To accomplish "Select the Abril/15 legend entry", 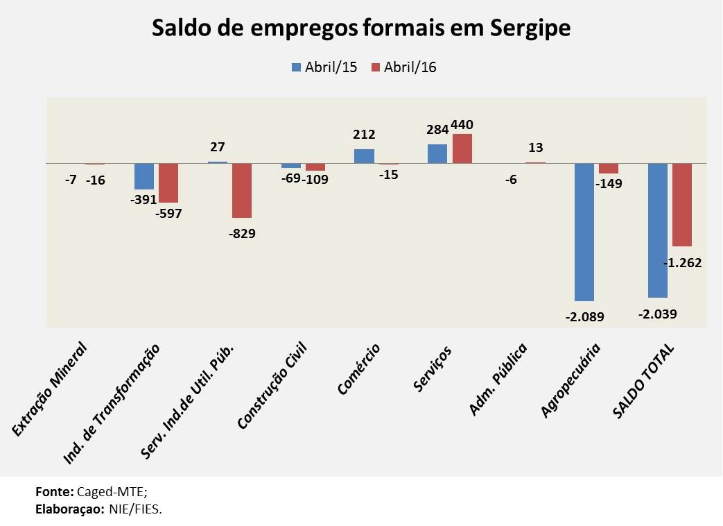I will pyautogui.click(x=324, y=67).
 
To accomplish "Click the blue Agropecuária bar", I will pyautogui.click(x=584, y=232).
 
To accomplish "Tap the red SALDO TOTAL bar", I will pyautogui.click(x=682, y=205).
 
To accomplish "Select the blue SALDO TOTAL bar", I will pyautogui.click(x=657, y=230).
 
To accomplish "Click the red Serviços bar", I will pyautogui.click(x=462, y=149).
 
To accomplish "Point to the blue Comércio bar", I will pyautogui.click(x=364, y=156).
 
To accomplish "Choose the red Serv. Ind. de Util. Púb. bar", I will pyautogui.click(x=242, y=190).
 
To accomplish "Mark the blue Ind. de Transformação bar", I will pyautogui.click(x=144, y=176).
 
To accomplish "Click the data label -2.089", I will pyautogui.click(x=584, y=316).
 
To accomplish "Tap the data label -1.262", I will pyautogui.click(x=683, y=263).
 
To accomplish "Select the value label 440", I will pyautogui.click(x=462, y=125).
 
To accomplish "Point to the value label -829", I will pyautogui.click(x=242, y=233).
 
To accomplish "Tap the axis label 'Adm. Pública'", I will pyautogui.click(x=499, y=379).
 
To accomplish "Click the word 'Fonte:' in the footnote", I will pyautogui.click(x=55, y=491).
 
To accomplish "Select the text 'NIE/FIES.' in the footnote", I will pyautogui.click(x=135, y=509).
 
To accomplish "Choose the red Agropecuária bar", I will pyautogui.click(x=609, y=169).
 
